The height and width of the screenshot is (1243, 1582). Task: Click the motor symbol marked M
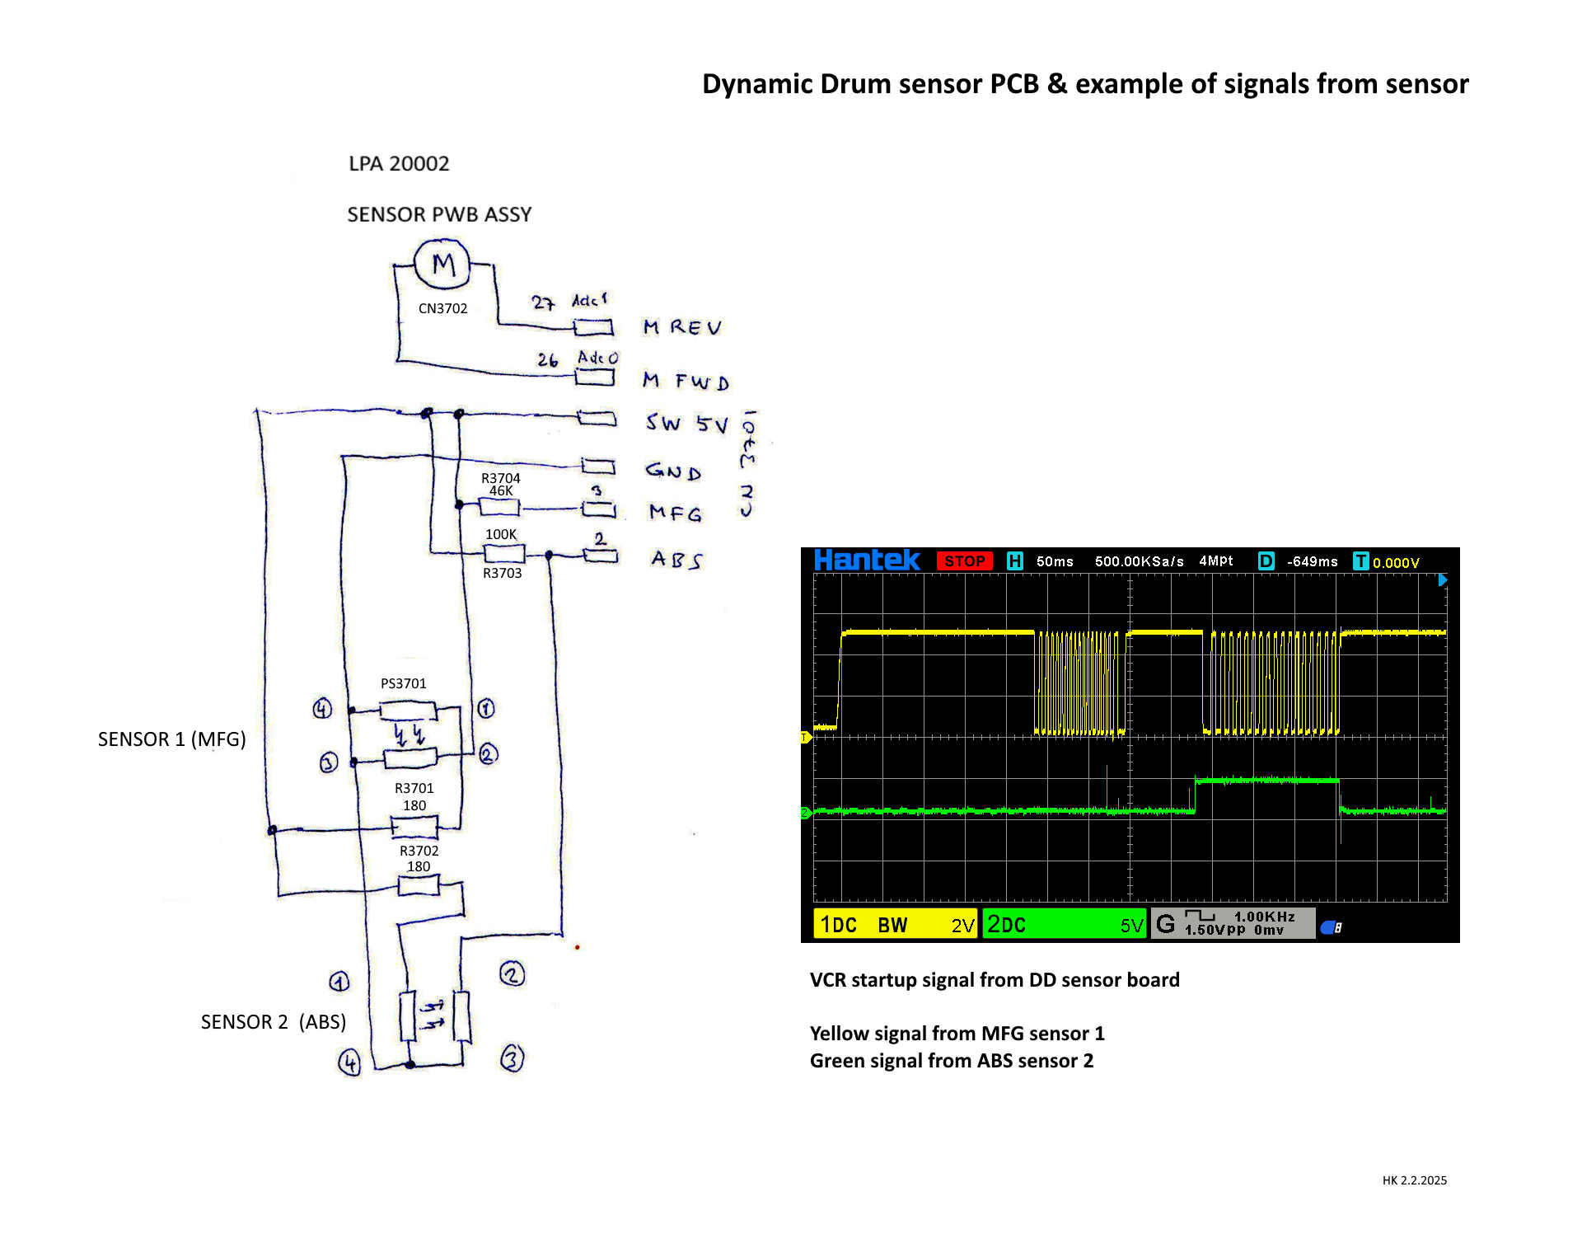pos(442,264)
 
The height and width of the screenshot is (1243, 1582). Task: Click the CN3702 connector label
pos(442,308)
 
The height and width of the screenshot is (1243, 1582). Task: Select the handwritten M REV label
pos(682,327)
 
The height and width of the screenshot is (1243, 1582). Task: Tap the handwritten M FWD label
pos(686,381)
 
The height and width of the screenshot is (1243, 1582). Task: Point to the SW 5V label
pos(686,424)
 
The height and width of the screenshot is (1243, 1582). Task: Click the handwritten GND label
pos(673,471)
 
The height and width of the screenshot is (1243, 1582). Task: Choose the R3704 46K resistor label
pos(500,485)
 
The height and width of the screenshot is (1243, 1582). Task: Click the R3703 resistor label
pos(502,573)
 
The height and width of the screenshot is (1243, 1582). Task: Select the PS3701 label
pos(403,683)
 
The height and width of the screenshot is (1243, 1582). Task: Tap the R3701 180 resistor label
pos(414,796)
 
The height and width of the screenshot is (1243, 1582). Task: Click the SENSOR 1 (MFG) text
pos(171,739)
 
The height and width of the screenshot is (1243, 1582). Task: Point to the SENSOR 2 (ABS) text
pos(273,1021)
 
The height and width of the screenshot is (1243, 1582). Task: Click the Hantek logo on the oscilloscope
pos(866,561)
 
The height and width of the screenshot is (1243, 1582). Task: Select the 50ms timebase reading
pos(1055,561)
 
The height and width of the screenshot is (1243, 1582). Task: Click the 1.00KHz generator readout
pos(1264,917)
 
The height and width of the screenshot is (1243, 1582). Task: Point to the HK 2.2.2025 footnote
pos(1414,1180)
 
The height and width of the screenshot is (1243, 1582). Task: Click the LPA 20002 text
pos(399,163)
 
